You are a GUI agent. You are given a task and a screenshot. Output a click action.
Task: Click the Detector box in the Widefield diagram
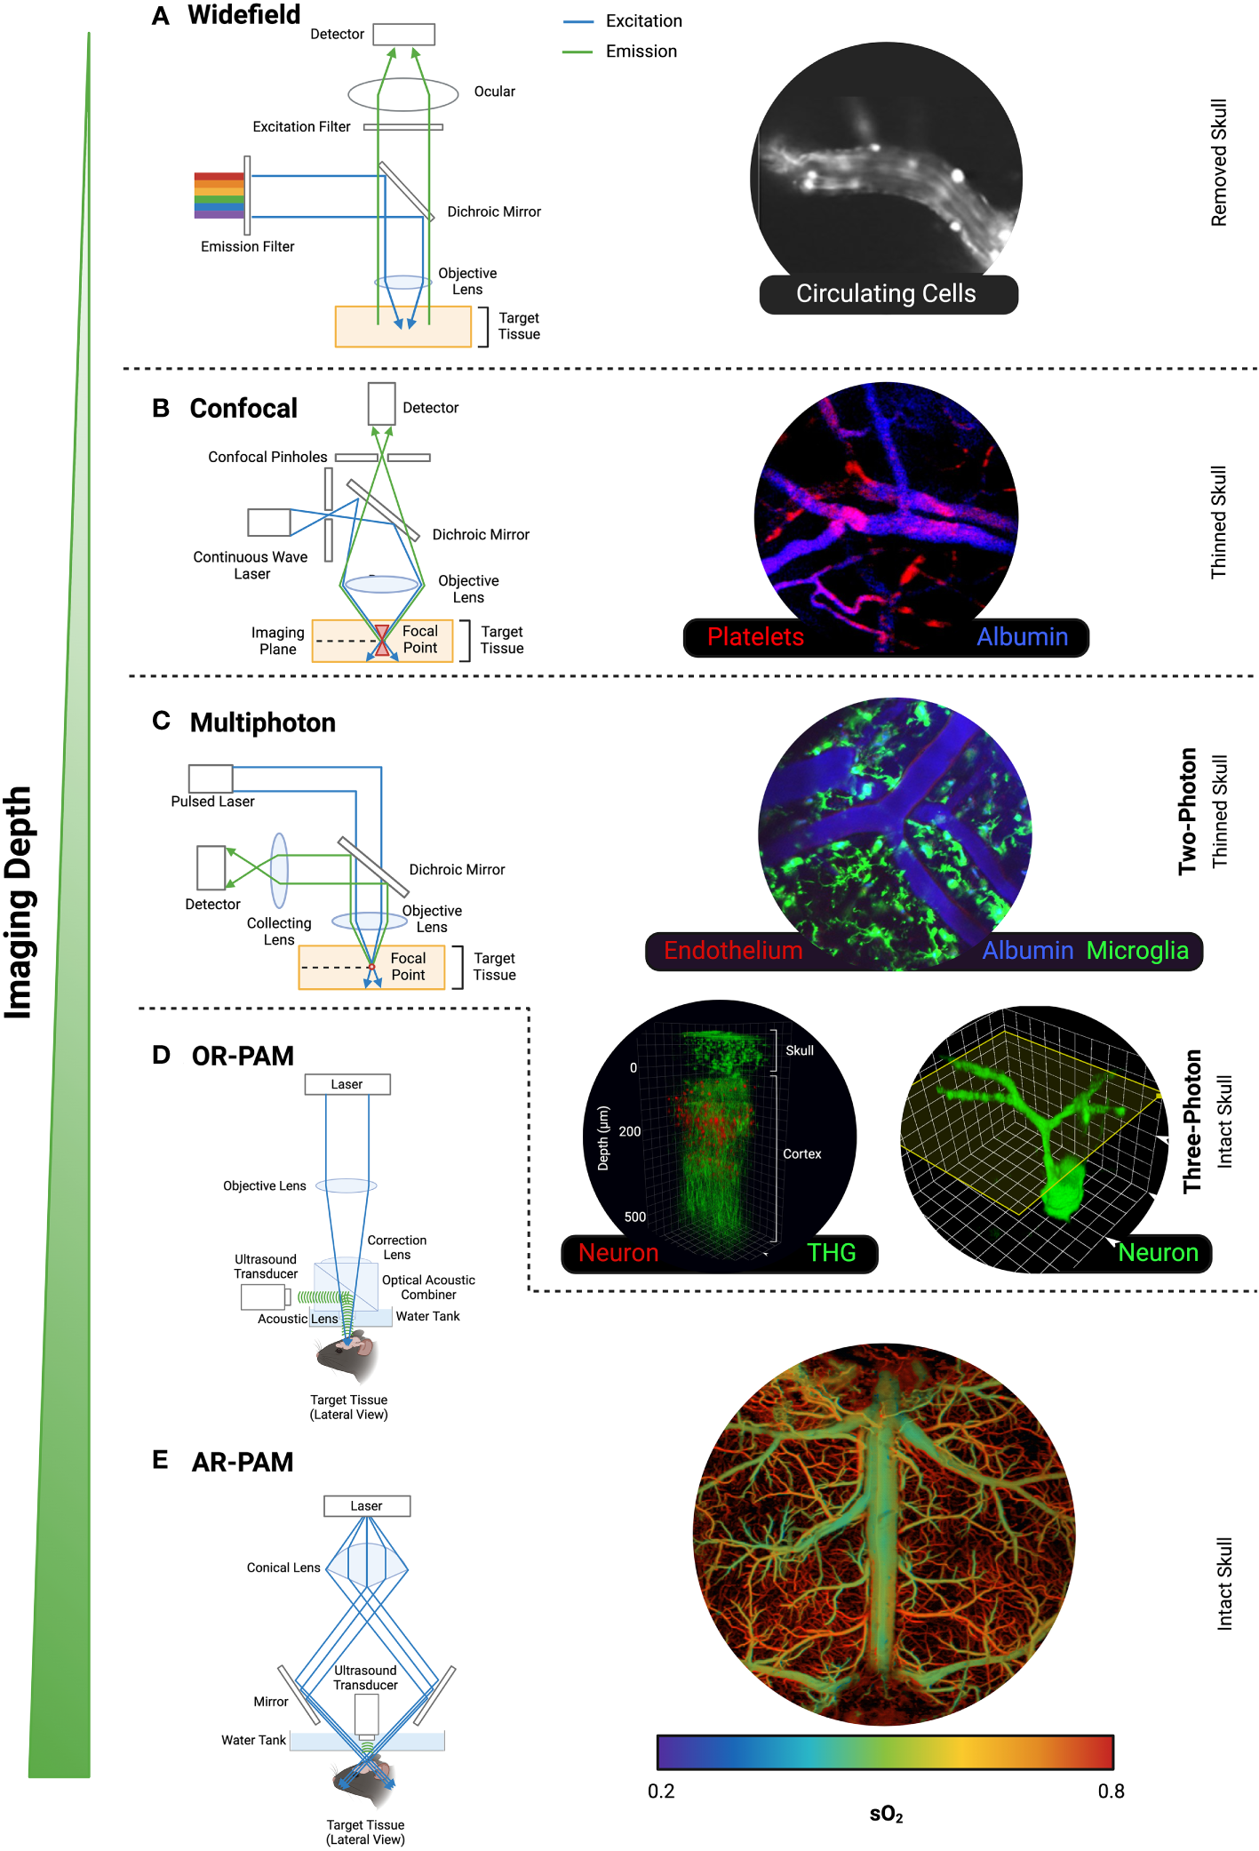coord(403,34)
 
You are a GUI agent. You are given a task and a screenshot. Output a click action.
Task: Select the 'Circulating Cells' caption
coord(886,294)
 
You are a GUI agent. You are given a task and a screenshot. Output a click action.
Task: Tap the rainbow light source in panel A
coord(219,195)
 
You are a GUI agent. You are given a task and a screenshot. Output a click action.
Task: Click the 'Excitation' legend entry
coord(643,20)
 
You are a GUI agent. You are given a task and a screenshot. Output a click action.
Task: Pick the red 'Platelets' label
coord(754,637)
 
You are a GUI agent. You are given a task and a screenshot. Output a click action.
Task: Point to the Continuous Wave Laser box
coord(268,523)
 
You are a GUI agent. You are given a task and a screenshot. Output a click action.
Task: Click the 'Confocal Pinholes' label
coord(267,457)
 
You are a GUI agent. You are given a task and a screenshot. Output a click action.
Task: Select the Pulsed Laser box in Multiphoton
coord(211,778)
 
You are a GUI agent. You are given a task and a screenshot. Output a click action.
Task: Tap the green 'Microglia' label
coord(1136,951)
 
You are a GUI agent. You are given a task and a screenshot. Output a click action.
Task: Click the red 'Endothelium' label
coord(733,951)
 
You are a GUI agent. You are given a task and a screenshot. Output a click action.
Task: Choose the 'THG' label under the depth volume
coord(831,1253)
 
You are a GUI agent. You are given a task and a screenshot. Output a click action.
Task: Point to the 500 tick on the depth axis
coord(634,1217)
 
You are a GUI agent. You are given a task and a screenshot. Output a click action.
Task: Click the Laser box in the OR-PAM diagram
coord(347,1084)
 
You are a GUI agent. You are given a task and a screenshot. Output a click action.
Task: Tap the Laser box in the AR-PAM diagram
coord(366,1505)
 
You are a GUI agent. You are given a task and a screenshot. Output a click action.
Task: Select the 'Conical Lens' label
coord(283,1568)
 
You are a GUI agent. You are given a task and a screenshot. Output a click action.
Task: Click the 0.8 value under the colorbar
coord(1111,1791)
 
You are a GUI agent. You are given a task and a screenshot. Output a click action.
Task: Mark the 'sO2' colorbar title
coord(886,1815)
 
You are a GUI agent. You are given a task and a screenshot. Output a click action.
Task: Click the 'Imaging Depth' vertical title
coord(20,902)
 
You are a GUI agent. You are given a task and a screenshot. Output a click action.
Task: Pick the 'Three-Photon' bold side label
coord(1191,1121)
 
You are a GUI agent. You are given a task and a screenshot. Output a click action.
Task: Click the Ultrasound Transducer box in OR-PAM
coord(262,1297)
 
